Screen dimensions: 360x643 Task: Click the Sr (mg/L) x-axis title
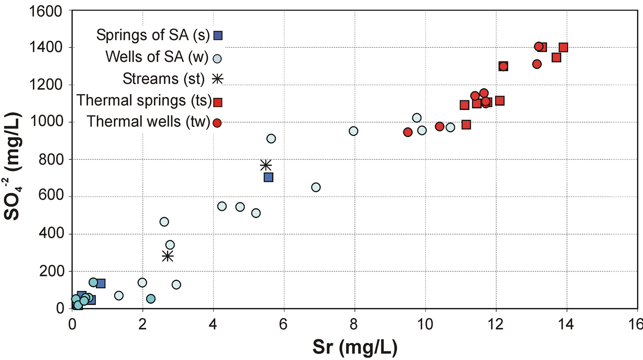pyautogui.click(x=355, y=347)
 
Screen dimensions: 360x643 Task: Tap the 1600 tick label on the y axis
pyautogui.click(x=46, y=11)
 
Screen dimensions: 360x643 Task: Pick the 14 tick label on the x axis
pyautogui.click(x=566, y=324)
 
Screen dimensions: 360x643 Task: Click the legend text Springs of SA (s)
pyautogui.click(x=153, y=35)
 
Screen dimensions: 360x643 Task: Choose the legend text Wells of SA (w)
pyautogui.click(x=157, y=57)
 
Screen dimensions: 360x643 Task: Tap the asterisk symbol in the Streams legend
pyautogui.click(x=218, y=79)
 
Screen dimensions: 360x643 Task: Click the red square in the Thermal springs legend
pyautogui.click(x=218, y=102)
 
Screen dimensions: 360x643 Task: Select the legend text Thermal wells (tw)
pyautogui.click(x=148, y=122)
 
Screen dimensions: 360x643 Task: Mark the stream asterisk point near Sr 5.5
pyautogui.click(x=266, y=165)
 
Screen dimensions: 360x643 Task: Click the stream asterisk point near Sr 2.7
pyautogui.click(x=167, y=256)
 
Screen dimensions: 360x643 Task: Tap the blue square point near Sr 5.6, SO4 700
pyautogui.click(x=268, y=177)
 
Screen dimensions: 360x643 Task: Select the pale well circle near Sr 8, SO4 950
pyautogui.click(x=353, y=131)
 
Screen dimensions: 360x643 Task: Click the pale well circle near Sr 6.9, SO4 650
pyautogui.click(x=316, y=187)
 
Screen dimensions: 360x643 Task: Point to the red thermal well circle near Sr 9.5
pyautogui.click(x=408, y=132)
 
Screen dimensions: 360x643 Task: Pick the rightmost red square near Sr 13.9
pyautogui.click(x=563, y=47)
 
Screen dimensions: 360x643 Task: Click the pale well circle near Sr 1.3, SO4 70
pyautogui.click(x=119, y=295)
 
